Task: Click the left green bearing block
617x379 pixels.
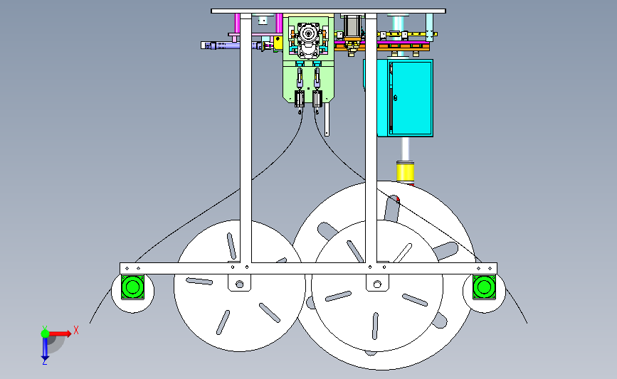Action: click(x=132, y=287)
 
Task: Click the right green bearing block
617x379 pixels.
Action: click(x=484, y=287)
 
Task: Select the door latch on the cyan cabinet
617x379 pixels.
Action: click(x=396, y=98)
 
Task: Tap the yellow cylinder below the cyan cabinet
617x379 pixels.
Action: click(x=406, y=172)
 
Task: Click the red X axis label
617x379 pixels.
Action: click(x=76, y=330)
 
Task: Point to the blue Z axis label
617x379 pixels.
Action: click(x=44, y=362)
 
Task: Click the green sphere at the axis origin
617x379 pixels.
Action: click(x=45, y=333)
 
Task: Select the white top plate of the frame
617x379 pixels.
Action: click(x=328, y=11)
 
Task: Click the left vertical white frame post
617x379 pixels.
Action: click(x=246, y=138)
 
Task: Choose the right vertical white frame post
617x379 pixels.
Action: click(x=371, y=138)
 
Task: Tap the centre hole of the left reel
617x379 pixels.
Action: click(x=240, y=284)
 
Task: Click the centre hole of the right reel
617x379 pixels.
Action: click(x=377, y=284)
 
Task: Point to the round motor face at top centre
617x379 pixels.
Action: click(x=307, y=34)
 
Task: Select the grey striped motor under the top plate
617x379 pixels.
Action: click(x=352, y=26)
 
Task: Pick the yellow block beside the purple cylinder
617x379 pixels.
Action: click(x=278, y=43)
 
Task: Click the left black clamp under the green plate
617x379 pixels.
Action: click(x=300, y=99)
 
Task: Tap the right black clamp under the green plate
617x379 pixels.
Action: click(x=317, y=99)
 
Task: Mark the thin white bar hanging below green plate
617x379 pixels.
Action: click(x=327, y=119)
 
